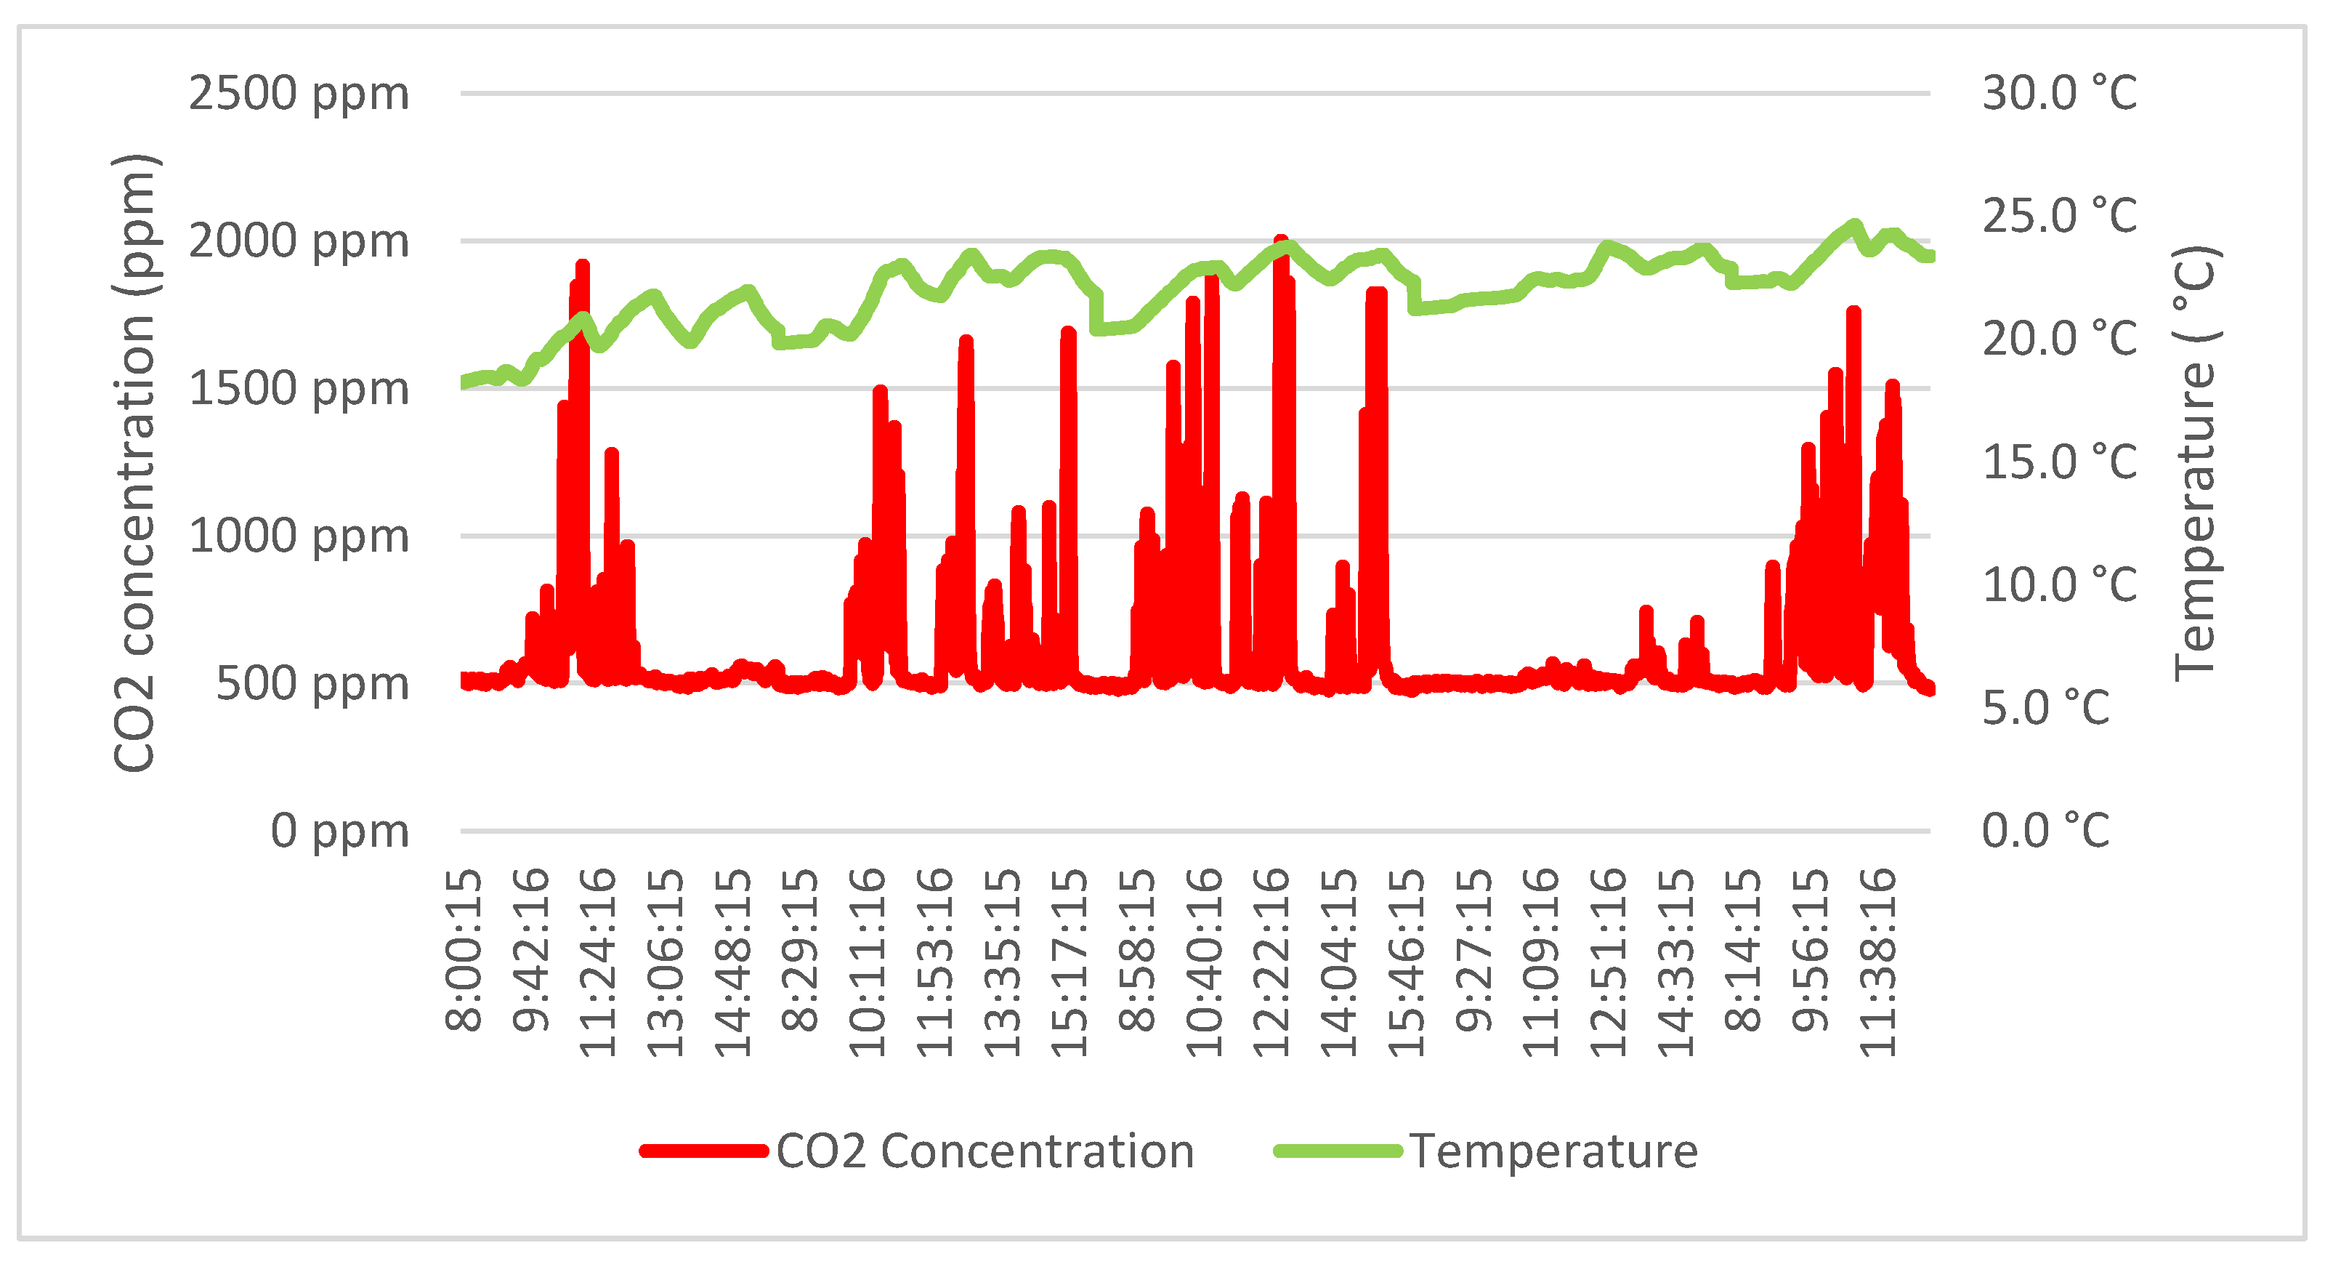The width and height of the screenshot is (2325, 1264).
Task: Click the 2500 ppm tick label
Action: [x=299, y=94]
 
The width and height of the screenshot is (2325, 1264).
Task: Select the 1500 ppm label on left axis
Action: [x=299, y=389]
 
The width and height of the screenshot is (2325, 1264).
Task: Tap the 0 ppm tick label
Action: [x=339, y=831]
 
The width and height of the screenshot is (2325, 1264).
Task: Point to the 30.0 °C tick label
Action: [x=2059, y=94]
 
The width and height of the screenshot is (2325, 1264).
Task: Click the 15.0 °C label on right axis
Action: [x=2059, y=462]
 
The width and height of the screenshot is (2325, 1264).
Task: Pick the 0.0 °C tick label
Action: [x=2045, y=831]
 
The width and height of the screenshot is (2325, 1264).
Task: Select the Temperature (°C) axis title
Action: [x=2195, y=462]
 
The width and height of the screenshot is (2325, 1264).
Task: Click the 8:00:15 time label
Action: [x=464, y=950]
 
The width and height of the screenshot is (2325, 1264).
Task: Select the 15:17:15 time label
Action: [x=1069, y=962]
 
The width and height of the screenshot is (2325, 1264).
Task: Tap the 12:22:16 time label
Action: [x=1271, y=962]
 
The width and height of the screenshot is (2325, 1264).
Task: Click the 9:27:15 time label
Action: [x=1474, y=950]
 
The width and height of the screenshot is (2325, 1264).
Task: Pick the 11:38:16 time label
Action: [x=1878, y=962]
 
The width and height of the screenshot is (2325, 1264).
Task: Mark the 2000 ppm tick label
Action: [x=299, y=241]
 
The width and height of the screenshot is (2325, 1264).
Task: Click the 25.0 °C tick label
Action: [x=2059, y=217]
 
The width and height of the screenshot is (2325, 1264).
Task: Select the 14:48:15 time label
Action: [x=733, y=962]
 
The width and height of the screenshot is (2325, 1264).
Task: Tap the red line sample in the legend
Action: [x=704, y=1151]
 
